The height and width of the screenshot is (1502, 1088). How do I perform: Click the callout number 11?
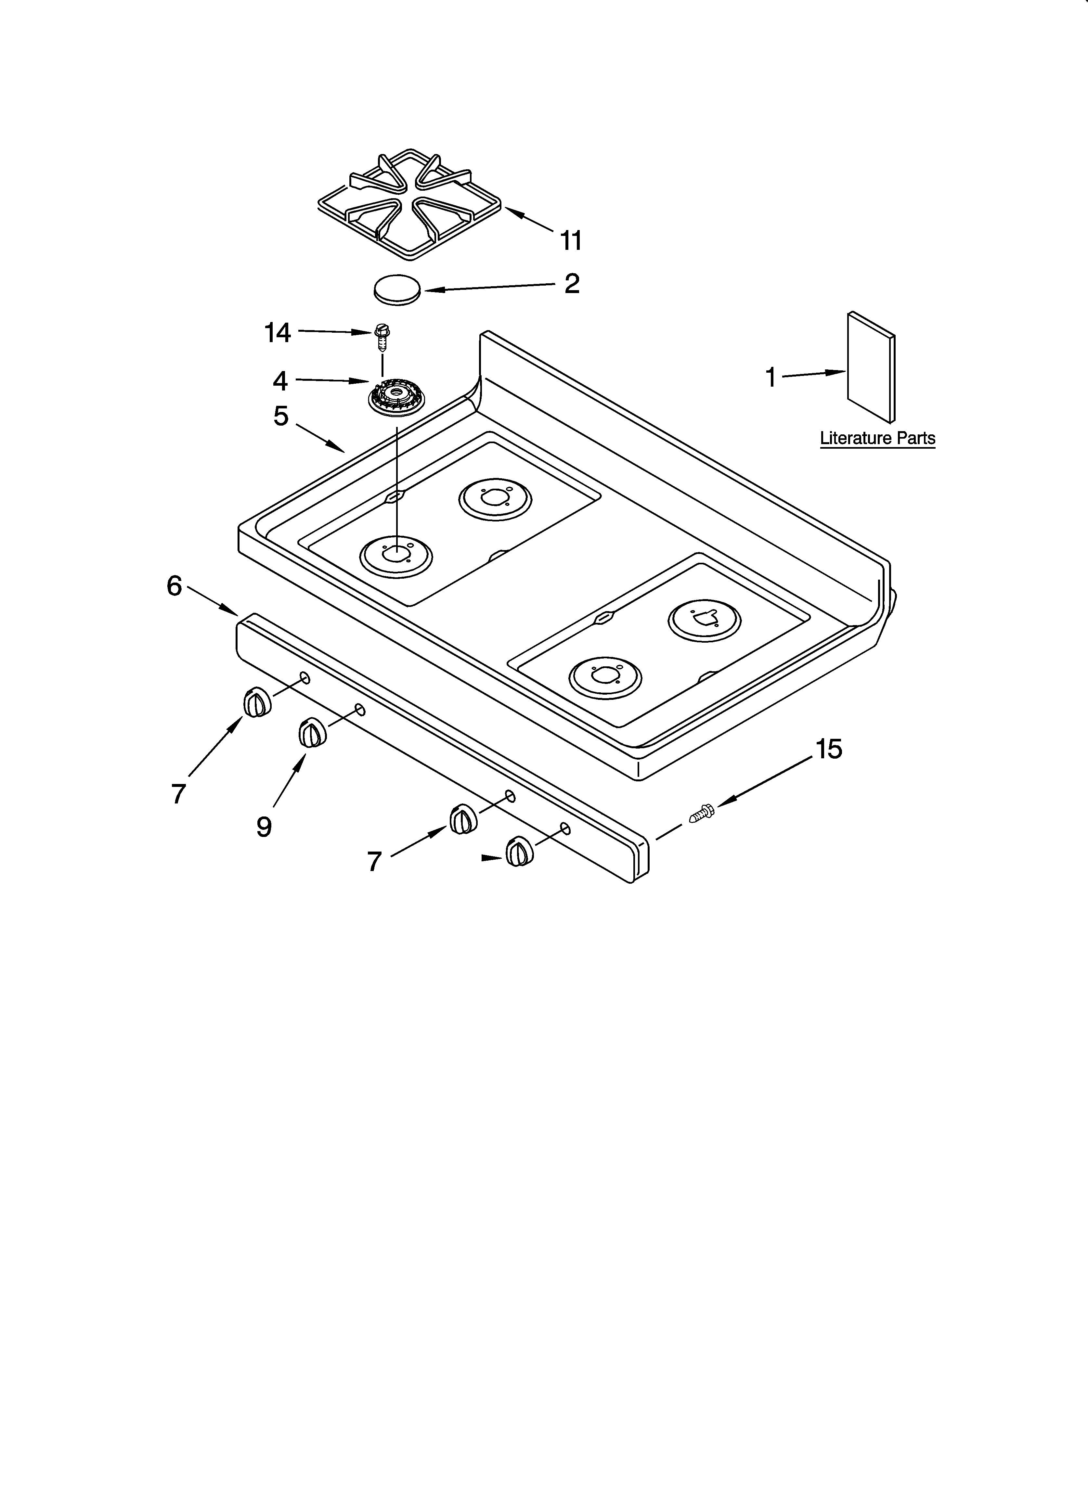571,240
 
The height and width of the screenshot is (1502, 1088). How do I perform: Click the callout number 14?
278,332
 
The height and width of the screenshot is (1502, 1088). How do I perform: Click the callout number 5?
281,416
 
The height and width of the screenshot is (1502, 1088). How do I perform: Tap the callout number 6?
174,585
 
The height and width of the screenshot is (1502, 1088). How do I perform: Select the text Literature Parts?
877,438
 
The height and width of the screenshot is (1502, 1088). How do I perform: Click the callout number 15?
828,749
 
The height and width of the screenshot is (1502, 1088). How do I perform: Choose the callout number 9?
264,827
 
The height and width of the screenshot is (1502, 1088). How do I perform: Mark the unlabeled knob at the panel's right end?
518,851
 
